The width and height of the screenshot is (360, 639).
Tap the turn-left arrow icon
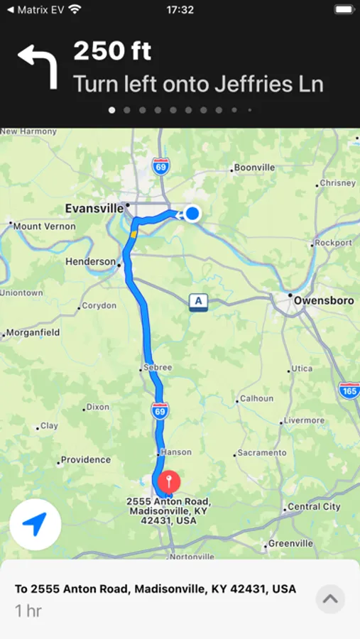coord(37,65)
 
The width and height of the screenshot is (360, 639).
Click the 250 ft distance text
coord(112,51)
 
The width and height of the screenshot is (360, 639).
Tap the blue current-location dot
coord(192,213)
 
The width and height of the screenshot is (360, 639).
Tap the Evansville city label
coord(94,209)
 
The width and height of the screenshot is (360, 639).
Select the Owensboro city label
coord(324,300)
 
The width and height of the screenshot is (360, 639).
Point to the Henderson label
coord(90,262)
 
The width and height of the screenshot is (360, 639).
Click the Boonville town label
coord(254,168)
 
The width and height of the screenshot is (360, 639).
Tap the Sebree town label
coord(158,367)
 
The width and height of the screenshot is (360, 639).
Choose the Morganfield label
coord(34,332)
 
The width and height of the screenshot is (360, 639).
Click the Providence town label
coord(85,459)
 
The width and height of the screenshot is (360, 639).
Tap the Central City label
coord(314,507)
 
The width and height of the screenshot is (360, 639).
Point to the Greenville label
coord(290,543)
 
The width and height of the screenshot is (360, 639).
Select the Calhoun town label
coord(256,398)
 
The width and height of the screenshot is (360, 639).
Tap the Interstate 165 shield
coord(349,389)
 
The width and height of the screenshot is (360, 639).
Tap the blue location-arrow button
coord(36,524)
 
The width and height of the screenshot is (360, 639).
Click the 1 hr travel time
coord(28,610)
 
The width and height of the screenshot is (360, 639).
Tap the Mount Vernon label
coord(44,226)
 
